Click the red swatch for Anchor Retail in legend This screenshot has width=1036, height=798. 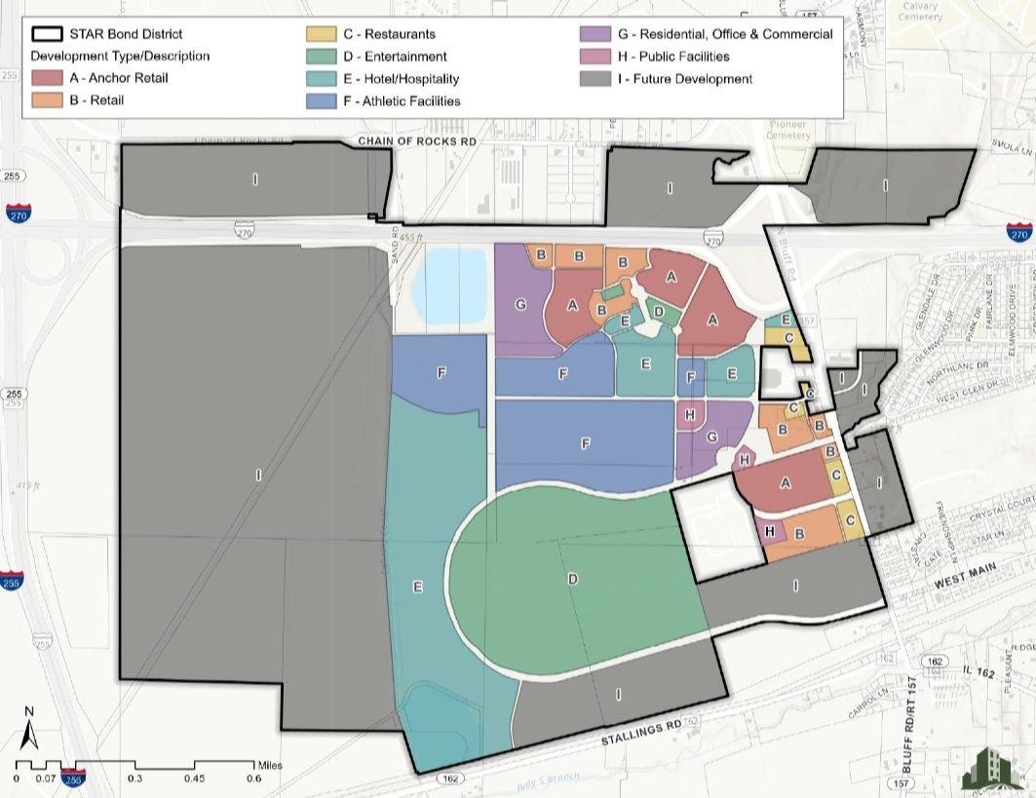[49, 78]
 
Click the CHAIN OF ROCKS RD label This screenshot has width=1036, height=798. [417, 142]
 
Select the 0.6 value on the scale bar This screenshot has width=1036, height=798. [253, 779]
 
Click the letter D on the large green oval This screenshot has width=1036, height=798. [573, 580]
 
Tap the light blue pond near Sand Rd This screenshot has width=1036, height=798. [449, 287]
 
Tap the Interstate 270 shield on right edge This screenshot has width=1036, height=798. [1019, 232]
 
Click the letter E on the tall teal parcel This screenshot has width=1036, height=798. [417, 587]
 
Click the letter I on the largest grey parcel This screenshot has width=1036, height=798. [257, 475]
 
